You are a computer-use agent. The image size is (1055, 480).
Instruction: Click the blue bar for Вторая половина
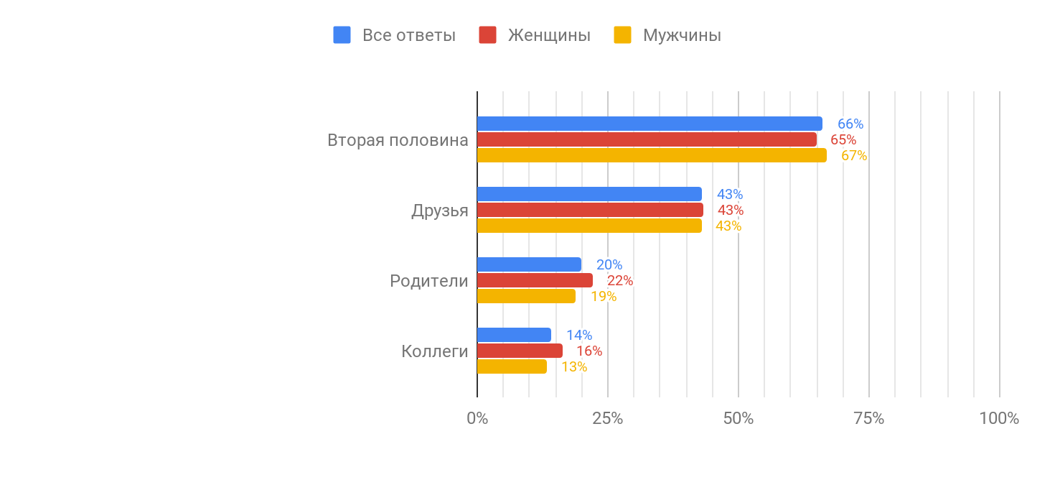pos(650,124)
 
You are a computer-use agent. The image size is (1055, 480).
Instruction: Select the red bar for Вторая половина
pos(647,139)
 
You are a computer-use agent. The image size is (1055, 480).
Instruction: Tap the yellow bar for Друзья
pos(589,226)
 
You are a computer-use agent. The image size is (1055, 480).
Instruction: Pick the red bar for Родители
pos(535,280)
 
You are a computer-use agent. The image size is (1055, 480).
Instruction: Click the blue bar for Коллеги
pos(514,335)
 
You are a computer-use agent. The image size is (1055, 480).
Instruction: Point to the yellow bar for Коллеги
pos(512,366)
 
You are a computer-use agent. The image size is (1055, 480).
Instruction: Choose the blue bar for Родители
pos(529,264)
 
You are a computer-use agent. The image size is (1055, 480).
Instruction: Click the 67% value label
pos(854,155)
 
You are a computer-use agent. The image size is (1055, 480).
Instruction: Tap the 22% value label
pos(620,280)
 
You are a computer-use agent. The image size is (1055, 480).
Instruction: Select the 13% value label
pos(574,366)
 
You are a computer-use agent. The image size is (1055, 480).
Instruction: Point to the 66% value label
pos(850,124)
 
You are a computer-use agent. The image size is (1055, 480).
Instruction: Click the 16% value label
pos(589,351)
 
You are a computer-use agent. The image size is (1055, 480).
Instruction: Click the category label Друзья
pos(439,211)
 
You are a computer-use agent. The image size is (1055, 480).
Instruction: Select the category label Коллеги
pos(434,351)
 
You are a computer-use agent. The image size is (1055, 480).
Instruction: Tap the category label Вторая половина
pos(398,140)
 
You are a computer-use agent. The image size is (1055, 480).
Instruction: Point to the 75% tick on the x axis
pos(868,418)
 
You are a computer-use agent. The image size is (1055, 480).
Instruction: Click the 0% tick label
pos(477,418)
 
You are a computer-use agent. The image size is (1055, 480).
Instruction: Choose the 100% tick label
pos(999,418)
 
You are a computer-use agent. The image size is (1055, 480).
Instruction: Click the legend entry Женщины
pos(549,35)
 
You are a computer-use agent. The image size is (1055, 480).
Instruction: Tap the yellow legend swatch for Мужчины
pos(622,35)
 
